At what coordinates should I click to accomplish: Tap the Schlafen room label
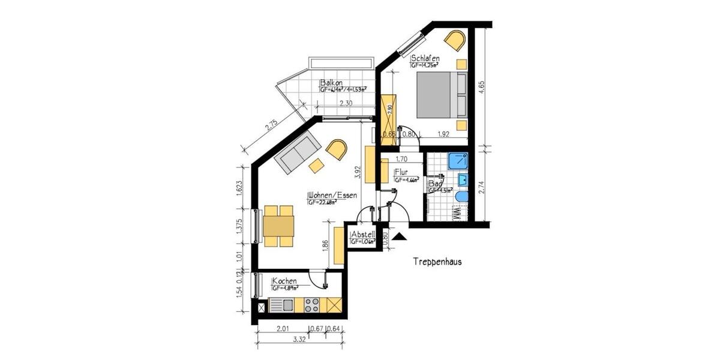(x=425, y=58)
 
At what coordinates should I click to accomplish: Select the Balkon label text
(x=331, y=83)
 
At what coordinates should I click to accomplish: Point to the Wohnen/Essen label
(x=332, y=196)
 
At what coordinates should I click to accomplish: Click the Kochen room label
(x=284, y=281)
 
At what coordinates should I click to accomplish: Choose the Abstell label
(x=363, y=234)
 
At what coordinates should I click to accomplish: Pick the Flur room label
(x=401, y=172)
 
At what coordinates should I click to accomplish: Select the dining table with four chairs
(x=278, y=226)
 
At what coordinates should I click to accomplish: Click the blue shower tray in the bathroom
(x=459, y=160)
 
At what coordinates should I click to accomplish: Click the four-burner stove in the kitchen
(x=312, y=305)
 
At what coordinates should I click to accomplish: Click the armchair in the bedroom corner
(x=455, y=41)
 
